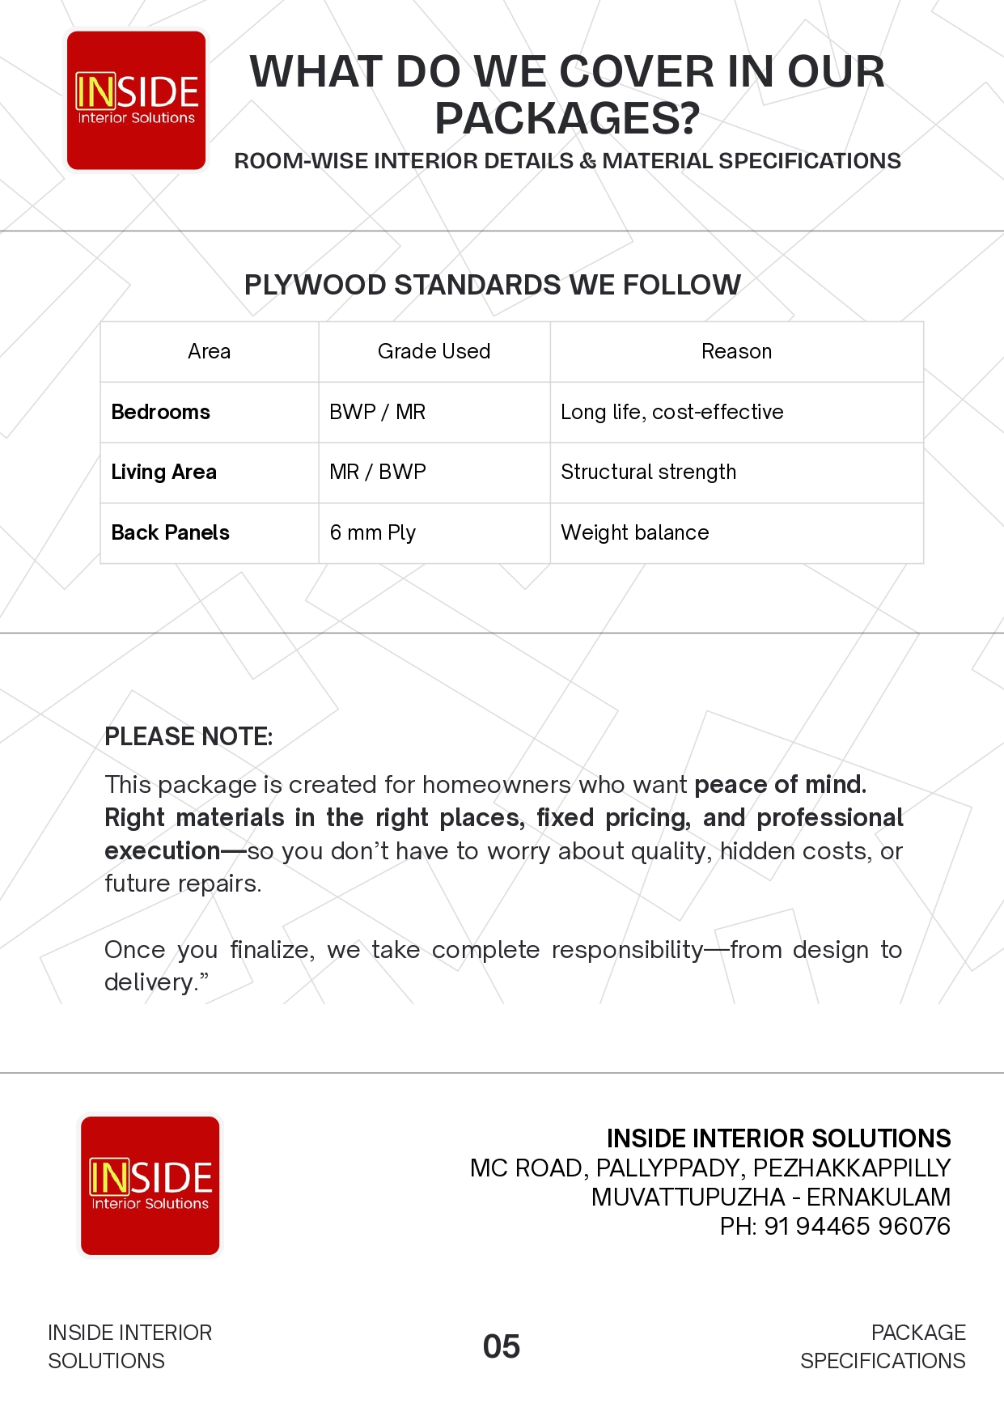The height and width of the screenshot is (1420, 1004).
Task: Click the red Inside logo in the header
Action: click(x=136, y=100)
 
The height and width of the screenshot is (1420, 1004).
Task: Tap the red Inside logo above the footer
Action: click(x=150, y=1185)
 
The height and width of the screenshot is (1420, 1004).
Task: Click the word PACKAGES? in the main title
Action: click(x=566, y=118)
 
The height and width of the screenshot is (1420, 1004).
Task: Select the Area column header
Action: click(x=209, y=351)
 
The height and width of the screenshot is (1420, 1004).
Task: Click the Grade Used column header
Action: click(x=434, y=351)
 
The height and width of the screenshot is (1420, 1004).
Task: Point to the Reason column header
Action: click(x=736, y=351)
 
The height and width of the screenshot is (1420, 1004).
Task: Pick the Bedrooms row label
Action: click(x=160, y=412)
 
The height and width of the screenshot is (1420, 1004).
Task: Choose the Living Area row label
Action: click(x=163, y=472)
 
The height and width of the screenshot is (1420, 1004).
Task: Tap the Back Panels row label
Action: click(x=170, y=532)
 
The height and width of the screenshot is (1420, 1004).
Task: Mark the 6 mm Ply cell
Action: click(x=372, y=532)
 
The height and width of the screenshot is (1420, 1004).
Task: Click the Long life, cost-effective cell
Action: click(x=671, y=412)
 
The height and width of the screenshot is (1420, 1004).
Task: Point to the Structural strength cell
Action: click(x=648, y=472)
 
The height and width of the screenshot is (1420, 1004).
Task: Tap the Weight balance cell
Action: click(x=634, y=532)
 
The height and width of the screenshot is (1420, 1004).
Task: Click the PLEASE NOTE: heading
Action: click(x=189, y=736)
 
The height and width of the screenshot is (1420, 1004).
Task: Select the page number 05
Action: click(x=501, y=1346)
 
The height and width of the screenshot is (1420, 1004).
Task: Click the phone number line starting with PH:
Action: click(x=835, y=1226)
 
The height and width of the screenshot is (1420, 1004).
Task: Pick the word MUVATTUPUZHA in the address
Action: click(x=688, y=1197)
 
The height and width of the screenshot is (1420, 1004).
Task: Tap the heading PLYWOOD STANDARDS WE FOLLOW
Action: click(x=492, y=285)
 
